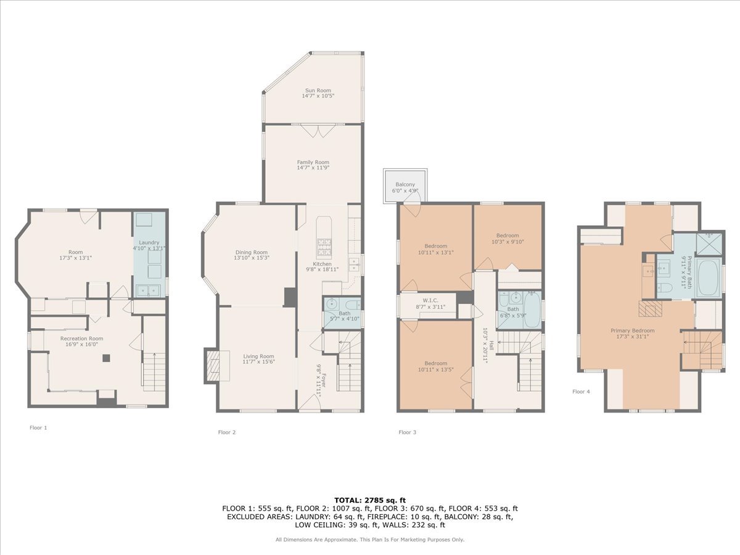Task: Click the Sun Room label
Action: click(318, 90)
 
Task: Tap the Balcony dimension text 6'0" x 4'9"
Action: click(405, 191)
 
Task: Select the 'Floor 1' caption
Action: click(38, 427)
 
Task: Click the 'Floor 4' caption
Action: click(582, 392)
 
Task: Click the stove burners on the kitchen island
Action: click(324, 247)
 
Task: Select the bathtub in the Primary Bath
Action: click(709, 277)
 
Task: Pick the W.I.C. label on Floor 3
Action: click(430, 300)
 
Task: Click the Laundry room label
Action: click(149, 242)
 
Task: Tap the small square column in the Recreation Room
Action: click(107, 358)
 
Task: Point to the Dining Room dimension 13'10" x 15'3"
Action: click(252, 258)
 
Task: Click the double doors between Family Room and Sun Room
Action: click(318, 130)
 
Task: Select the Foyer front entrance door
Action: click(310, 403)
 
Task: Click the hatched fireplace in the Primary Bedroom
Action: click(650, 308)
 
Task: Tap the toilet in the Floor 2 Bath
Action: click(353, 304)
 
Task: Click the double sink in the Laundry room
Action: click(148, 290)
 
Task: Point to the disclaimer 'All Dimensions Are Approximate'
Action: click(316, 540)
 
